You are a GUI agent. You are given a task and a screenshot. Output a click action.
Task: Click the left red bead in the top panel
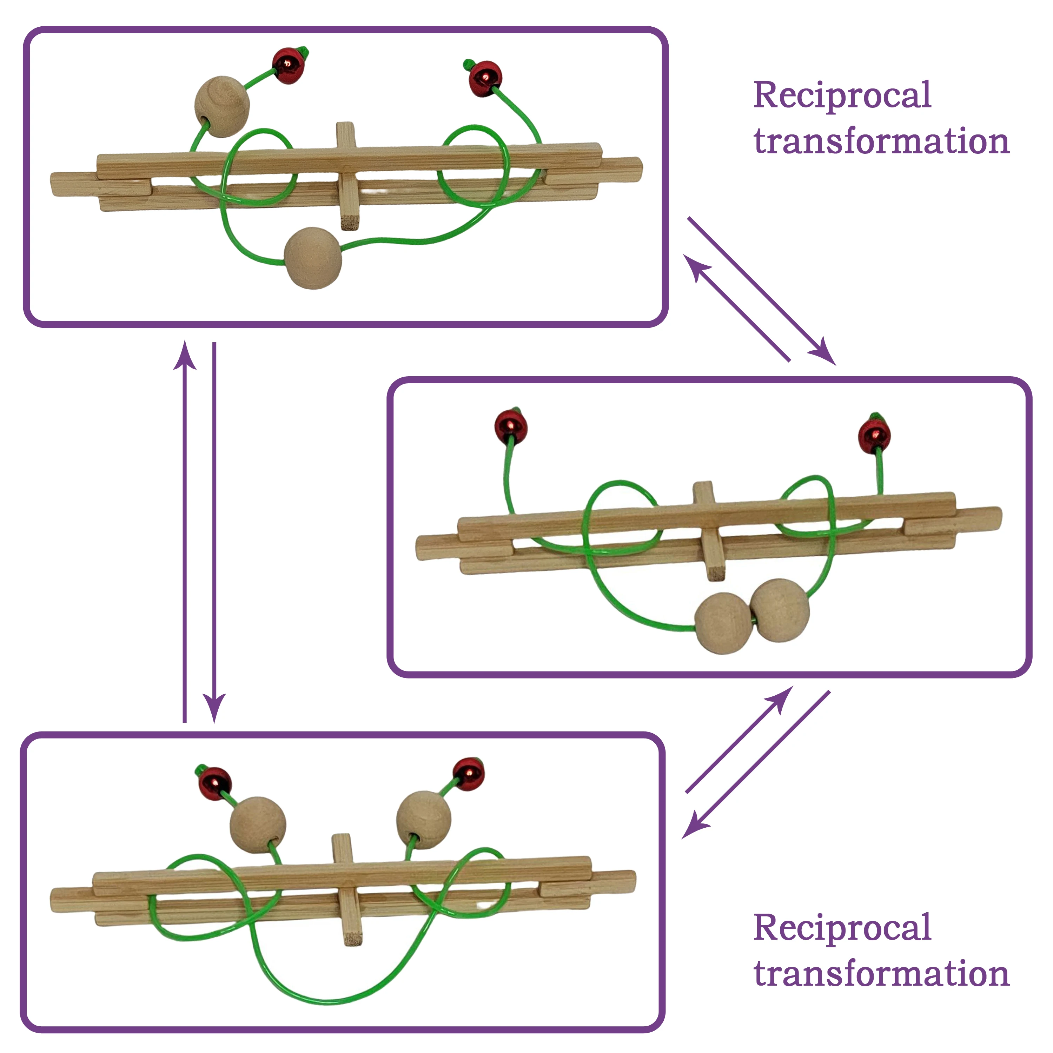click(x=288, y=66)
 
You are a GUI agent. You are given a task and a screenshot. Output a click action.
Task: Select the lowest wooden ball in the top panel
click(x=313, y=258)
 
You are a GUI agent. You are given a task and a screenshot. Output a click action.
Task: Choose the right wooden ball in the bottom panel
click(x=424, y=820)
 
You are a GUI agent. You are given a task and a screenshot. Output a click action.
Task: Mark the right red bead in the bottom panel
click(x=468, y=773)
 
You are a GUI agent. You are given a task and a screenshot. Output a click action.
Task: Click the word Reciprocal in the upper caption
click(x=842, y=96)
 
